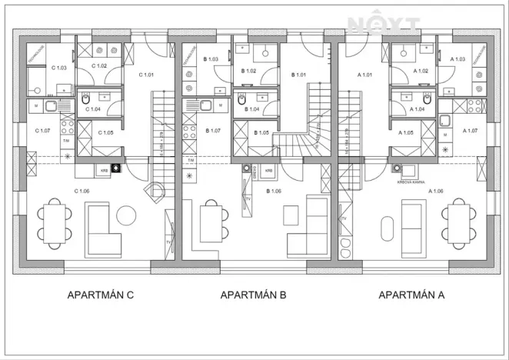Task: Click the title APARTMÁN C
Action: pos(101,295)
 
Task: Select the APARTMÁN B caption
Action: pos(253,295)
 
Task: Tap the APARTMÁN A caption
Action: pos(412,295)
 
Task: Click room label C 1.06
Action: pos(82,191)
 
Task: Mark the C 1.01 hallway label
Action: pos(146,75)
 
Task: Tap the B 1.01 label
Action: pos(298,75)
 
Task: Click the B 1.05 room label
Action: pos(259,132)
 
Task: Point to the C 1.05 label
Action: pos(106,132)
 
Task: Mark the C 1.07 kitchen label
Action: pos(42,130)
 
